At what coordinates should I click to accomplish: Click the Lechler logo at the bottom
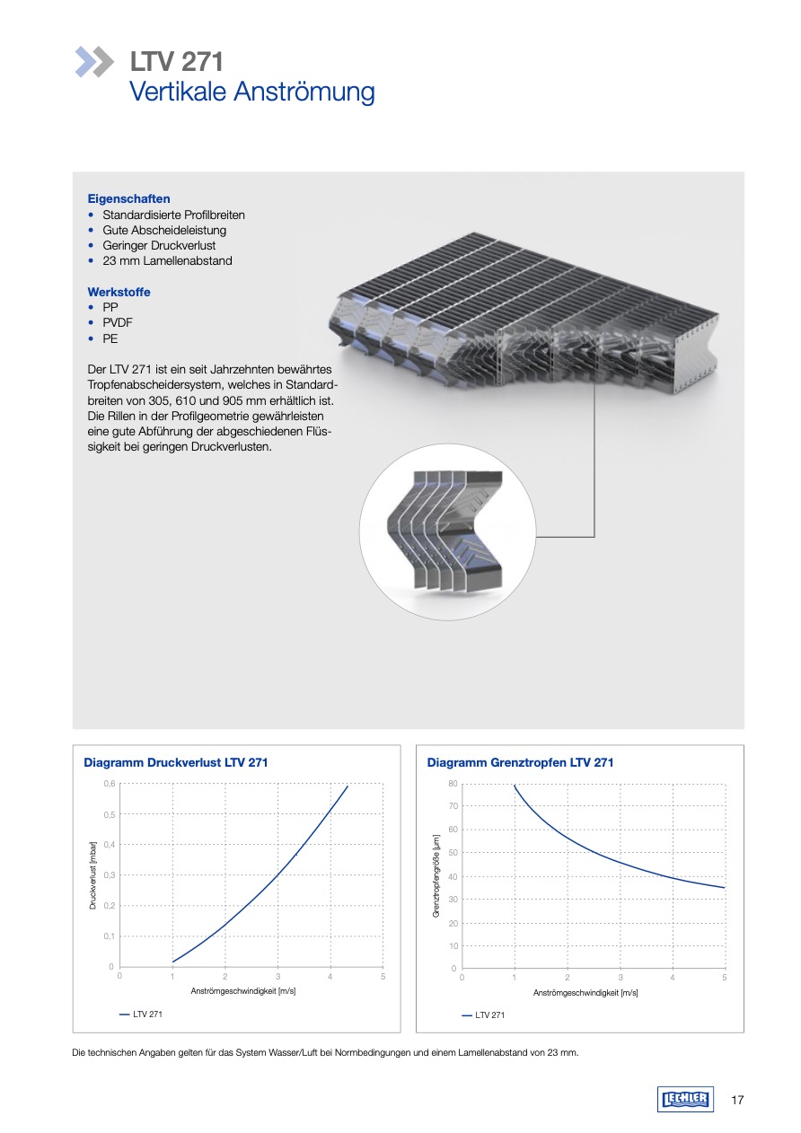coord(685,1100)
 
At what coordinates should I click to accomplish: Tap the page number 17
coord(737,1100)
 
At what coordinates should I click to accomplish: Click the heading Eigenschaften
coord(128,198)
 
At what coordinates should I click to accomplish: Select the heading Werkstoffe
coord(119,292)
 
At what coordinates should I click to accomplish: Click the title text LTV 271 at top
coord(177,62)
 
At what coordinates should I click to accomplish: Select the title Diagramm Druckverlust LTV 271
coord(175,762)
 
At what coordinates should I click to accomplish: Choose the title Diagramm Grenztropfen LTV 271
coord(520,762)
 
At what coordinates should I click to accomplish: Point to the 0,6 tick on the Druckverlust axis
coord(108,784)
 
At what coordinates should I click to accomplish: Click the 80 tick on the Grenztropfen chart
coord(453,784)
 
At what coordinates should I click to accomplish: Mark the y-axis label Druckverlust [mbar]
coord(92,874)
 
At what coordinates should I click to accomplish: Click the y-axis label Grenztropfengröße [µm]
coord(436,875)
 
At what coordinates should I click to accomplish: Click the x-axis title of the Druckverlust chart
coord(243,991)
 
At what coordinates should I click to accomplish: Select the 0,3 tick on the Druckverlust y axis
coord(108,874)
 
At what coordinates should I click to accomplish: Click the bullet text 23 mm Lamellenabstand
coord(167,261)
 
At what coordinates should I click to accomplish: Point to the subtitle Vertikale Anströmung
coord(252,92)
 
